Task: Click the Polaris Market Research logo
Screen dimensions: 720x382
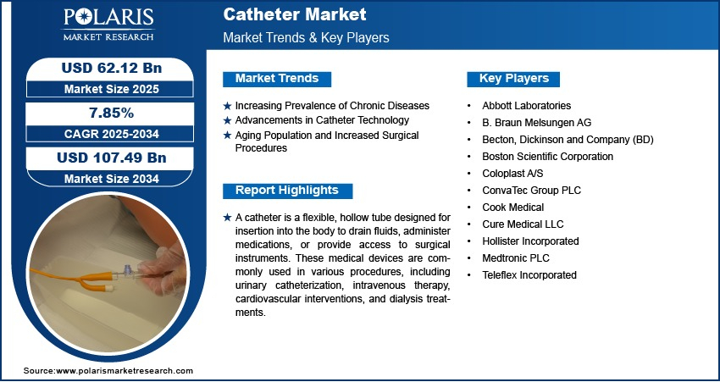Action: point(108,25)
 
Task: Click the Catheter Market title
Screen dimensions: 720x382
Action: point(294,14)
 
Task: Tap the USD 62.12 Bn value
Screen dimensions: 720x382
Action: point(112,68)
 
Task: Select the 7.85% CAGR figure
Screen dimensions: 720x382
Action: point(111,113)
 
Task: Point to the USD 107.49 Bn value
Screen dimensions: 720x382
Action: point(112,158)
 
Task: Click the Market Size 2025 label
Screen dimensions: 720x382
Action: point(112,89)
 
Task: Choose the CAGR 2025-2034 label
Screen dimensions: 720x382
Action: point(112,134)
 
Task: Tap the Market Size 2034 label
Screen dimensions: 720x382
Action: point(112,179)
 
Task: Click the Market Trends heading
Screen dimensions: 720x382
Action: point(277,79)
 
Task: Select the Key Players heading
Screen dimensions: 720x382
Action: point(514,79)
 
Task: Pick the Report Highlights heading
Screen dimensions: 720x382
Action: point(287,191)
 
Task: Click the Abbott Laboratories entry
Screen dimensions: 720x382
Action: point(526,106)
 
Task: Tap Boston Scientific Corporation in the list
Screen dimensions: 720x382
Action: point(547,157)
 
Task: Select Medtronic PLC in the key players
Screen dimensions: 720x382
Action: point(516,258)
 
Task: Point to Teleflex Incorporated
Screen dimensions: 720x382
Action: point(529,275)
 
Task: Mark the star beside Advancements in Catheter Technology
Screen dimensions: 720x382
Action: point(227,121)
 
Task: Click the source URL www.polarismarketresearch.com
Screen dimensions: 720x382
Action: point(125,371)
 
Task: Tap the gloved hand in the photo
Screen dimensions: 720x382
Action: point(163,271)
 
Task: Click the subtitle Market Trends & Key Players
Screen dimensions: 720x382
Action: point(307,37)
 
